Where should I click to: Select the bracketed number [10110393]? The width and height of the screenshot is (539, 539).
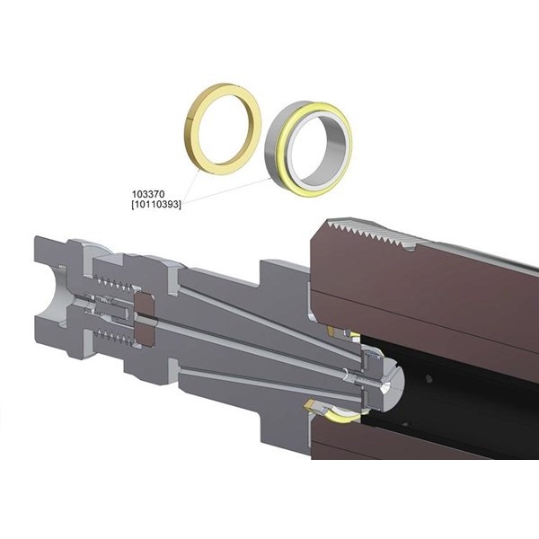pyautogui.click(x=156, y=205)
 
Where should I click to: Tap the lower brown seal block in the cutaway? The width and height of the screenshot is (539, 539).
pyautogui.click(x=145, y=333)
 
